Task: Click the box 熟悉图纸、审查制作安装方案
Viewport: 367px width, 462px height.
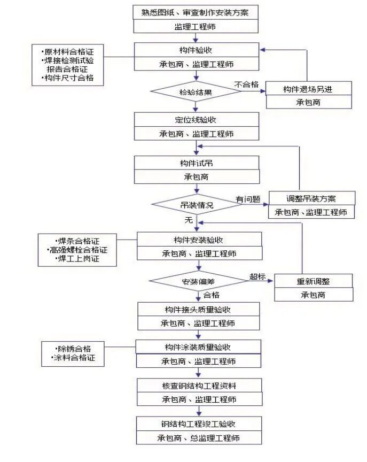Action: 196,12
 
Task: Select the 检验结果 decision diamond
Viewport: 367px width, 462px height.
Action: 196,92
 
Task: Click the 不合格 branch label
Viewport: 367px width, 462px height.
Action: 246,84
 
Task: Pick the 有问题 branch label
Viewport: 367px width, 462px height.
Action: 248,198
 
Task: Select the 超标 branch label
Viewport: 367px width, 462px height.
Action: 257,276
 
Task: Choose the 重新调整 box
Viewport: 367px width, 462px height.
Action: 313,281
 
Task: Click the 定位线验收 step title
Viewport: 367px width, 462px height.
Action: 196,120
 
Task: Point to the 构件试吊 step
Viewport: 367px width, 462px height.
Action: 196,163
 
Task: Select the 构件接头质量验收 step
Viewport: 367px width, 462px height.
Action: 198,309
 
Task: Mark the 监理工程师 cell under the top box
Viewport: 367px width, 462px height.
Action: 196,26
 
